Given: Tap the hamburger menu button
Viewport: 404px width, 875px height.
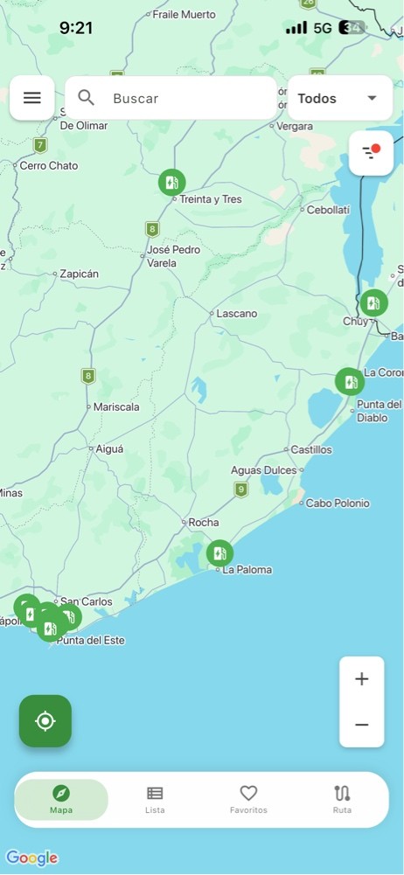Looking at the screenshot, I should [32, 98].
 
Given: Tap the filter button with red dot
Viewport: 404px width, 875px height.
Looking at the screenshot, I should [371, 153].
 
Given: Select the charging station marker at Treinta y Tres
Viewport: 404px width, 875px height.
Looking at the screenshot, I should [171, 183].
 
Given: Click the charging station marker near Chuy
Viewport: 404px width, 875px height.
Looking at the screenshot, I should [373, 303].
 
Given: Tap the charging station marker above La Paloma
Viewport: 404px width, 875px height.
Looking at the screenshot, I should [219, 553].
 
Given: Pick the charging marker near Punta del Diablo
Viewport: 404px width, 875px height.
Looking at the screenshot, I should [349, 382].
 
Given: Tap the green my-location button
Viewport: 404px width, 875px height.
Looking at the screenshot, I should [45, 721].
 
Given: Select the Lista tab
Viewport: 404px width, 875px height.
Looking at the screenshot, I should [155, 799].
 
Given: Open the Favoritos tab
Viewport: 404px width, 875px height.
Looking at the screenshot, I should [248, 799].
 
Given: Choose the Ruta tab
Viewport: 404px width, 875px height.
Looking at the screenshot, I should [342, 799].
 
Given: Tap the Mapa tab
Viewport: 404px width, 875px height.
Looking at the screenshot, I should [61, 799].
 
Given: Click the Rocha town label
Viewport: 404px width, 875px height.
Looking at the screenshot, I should [204, 523].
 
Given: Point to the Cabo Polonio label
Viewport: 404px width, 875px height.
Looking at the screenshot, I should [338, 503].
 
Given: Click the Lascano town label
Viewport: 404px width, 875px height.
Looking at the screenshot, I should [236, 313].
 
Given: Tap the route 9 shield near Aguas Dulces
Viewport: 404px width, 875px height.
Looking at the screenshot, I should [241, 490].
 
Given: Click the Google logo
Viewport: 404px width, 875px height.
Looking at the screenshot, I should [31, 858].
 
